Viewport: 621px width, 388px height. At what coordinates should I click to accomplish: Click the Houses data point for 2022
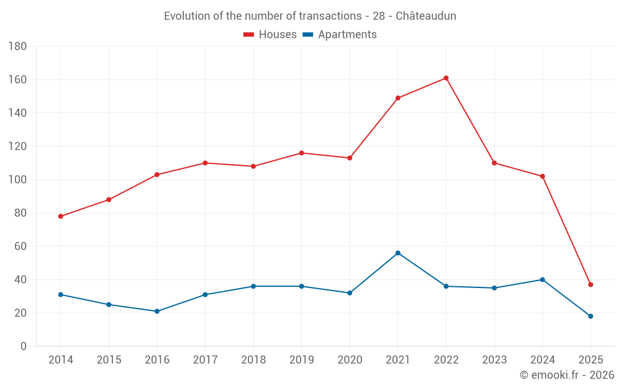(x=446, y=78)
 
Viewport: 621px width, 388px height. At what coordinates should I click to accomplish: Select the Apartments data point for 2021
(x=398, y=253)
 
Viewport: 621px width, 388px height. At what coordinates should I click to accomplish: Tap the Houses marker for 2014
(x=61, y=217)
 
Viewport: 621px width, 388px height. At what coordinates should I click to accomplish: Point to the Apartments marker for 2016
(x=157, y=312)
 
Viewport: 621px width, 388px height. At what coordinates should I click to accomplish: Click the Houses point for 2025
(x=591, y=285)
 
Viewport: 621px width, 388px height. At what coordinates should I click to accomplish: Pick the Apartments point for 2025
(x=591, y=317)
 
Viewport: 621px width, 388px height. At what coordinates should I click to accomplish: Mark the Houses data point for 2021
(x=398, y=98)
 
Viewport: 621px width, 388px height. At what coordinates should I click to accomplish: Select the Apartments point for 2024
(x=542, y=280)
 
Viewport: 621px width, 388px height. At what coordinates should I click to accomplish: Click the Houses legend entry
(x=270, y=35)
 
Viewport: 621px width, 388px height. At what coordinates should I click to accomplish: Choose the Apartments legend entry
(x=340, y=35)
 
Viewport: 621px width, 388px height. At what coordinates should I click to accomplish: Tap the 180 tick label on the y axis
(x=17, y=47)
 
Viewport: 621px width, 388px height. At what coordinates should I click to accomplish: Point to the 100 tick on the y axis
(x=17, y=180)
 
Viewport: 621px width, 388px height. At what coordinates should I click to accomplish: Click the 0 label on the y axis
(x=23, y=346)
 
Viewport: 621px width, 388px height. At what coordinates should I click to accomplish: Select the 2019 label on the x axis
(x=301, y=360)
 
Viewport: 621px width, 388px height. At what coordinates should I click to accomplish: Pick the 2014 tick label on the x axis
(x=61, y=360)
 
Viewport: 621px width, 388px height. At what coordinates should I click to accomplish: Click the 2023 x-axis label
(x=494, y=360)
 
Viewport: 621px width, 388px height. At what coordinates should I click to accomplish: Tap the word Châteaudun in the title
(x=425, y=16)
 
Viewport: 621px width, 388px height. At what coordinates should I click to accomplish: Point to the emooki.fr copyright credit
(x=567, y=375)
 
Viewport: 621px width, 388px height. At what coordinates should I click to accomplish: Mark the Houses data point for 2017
(x=205, y=163)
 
